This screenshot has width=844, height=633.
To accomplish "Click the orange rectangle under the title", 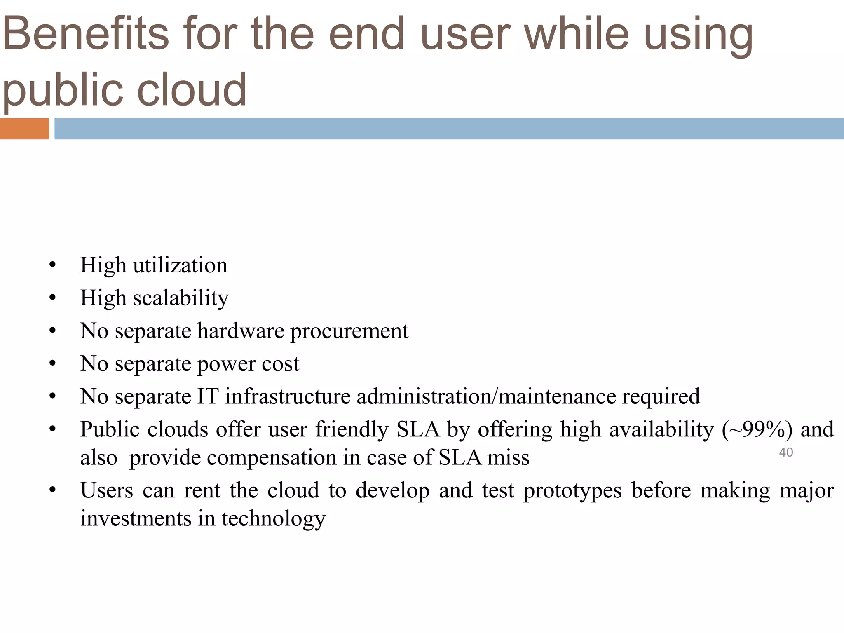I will [24, 129].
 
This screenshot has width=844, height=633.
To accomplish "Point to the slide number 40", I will [786, 452].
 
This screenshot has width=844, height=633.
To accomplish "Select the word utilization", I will [180, 265].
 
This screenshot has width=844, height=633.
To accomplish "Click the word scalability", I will [181, 298].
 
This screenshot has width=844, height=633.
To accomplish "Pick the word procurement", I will [349, 331].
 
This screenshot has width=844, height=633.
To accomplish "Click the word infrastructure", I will [288, 396].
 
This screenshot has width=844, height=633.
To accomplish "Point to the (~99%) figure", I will [757, 429].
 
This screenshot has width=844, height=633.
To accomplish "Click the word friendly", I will [352, 429].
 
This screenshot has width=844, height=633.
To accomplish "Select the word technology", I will [273, 518].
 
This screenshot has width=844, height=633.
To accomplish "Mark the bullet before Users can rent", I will [52, 491].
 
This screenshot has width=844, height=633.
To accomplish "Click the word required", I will [661, 396].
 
